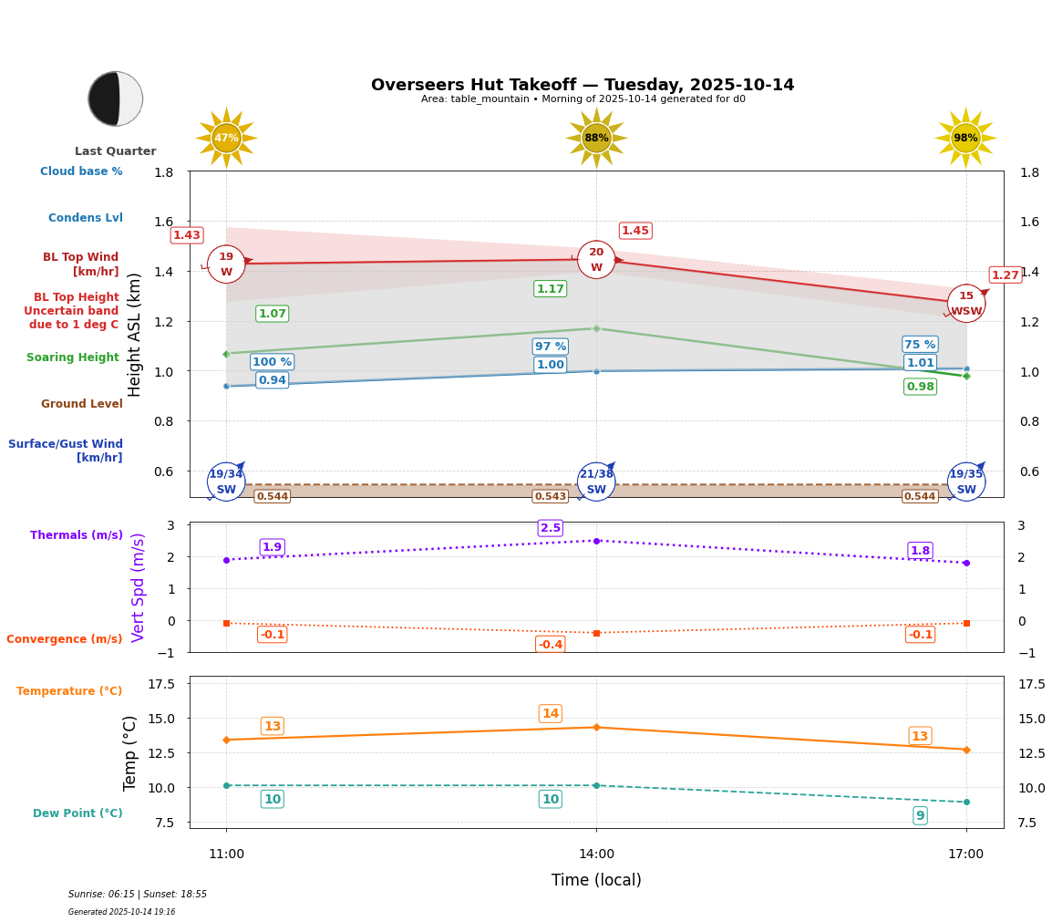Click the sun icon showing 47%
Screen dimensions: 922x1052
tap(226, 138)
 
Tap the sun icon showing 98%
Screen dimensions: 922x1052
tap(965, 138)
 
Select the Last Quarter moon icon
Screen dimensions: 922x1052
tap(116, 98)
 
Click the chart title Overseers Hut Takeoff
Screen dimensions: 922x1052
tap(583, 85)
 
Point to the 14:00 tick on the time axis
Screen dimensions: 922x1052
tap(596, 854)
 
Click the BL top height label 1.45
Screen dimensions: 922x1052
tap(635, 231)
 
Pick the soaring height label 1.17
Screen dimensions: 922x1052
tap(551, 289)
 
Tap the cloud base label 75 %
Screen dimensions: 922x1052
tap(920, 345)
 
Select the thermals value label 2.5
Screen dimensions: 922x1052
tap(551, 528)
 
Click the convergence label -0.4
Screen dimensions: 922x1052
tap(551, 645)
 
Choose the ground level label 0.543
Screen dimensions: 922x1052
tap(551, 497)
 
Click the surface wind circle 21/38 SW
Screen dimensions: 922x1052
tap(596, 482)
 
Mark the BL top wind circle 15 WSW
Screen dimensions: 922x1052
tap(966, 304)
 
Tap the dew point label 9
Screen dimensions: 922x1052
tap(920, 816)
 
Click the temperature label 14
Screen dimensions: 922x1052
tap(551, 714)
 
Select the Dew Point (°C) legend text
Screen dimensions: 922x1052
tap(77, 813)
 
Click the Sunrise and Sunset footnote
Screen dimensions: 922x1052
tap(138, 895)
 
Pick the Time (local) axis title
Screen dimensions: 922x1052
tap(596, 880)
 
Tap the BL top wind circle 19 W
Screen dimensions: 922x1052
tap(226, 264)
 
